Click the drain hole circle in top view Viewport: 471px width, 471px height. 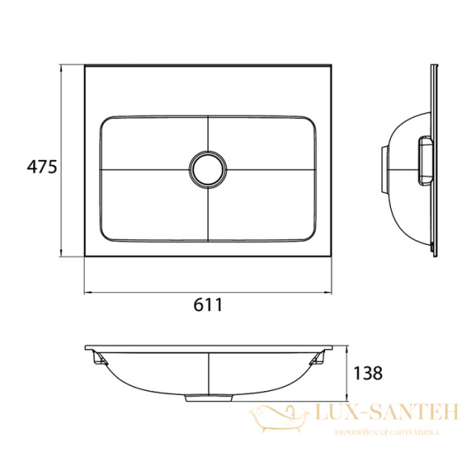click(208, 169)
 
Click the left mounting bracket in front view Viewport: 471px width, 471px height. click(100, 358)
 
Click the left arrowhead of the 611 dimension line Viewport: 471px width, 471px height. click(87, 294)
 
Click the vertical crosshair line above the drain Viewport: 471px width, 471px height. click(208, 133)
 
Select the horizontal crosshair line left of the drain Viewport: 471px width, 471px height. click(145, 169)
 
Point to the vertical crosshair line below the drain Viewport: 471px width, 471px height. click(208, 212)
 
